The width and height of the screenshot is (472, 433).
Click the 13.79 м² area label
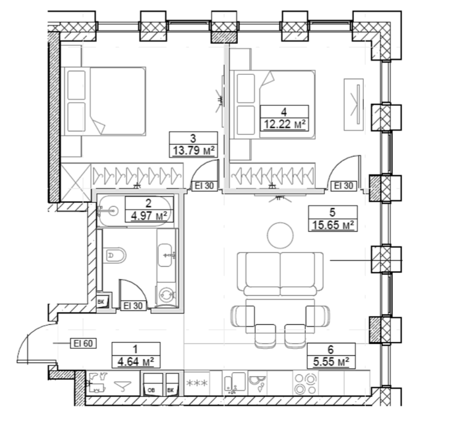click(x=193, y=150)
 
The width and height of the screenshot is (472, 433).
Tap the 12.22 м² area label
click(x=284, y=124)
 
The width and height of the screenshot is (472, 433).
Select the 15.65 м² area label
click(x=332, y=225)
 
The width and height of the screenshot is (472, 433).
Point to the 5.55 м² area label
click(x=331, y=362)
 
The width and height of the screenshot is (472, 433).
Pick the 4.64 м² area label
click(x=136, y=361)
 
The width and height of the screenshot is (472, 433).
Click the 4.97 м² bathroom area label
click(x=150, y=216)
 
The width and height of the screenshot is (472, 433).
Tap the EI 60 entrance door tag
click(x=83, y=343)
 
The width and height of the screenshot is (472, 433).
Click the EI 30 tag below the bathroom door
click(x=133, y=306)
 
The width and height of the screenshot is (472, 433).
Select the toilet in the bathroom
click(x=115, y=255)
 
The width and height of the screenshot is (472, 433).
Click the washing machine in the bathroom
click(x=166, y=294)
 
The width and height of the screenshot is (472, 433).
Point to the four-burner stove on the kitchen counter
click(x=306, y=384)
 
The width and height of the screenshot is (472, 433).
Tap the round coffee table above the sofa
click(x=280, y=235)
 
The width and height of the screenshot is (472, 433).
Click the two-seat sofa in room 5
click(x=280, y=273)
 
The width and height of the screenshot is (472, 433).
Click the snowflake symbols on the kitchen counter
click(x=197, y=384)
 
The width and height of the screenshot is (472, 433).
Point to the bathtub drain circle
click(x=113, y=211)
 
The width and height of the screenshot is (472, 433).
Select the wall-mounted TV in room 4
click(x=354, y=105)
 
